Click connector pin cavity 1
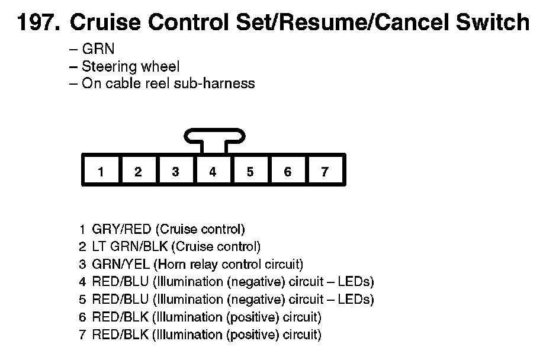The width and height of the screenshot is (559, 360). pos(101,172)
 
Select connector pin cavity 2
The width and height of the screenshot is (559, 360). pos(138,172)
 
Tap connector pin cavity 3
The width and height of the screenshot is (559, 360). pos(175,172)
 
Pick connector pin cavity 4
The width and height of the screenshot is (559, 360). pos(213,172)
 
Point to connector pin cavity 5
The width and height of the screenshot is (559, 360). pos(250,172)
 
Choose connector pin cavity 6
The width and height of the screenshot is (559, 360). pos(287,172)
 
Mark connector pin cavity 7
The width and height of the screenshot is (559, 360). pos(325,172)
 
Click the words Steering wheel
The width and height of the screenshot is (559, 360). pos(130,66)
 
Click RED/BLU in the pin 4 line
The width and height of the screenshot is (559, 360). pos(121,282)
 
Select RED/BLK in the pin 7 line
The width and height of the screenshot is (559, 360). pos(121,335)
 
